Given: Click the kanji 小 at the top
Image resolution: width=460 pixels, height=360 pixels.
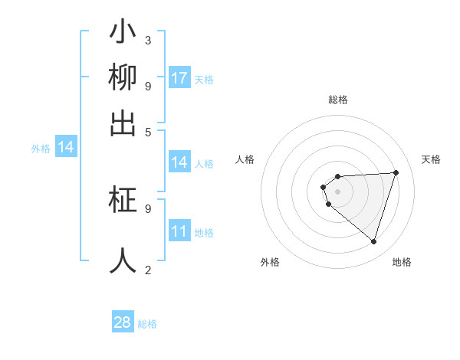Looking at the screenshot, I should [x=123, y=34].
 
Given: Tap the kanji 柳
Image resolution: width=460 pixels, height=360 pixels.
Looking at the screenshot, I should [x=123, y=78].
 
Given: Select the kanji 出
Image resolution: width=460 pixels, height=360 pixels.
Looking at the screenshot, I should [x=123, y=123].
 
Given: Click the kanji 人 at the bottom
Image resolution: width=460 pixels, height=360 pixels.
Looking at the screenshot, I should [x=123, y=260].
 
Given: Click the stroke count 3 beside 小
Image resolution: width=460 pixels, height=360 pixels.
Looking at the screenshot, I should [x=148, y=40].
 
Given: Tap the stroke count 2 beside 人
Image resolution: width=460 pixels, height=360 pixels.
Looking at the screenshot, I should [x=148, y=270].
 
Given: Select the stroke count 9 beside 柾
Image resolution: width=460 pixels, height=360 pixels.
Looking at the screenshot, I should [x=148, y=208].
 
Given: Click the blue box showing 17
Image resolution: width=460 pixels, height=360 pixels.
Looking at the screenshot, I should [x=179, y=78].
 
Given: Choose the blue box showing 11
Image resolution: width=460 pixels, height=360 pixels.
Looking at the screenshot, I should [x=179, y=232].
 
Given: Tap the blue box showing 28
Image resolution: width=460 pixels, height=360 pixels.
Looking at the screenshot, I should [x=123, y=322].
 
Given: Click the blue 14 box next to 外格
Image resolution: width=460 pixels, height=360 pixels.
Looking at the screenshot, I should [x=66, y=148].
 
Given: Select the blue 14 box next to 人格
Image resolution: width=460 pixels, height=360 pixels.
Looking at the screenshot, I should [x=179, y=162].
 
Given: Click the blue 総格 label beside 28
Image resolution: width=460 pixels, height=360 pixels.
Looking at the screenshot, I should [x=147, y=324].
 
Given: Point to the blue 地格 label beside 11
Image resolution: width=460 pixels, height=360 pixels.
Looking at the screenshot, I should [x=204, y=233].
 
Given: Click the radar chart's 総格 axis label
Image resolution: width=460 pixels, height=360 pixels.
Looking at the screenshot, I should [x=337, y=100].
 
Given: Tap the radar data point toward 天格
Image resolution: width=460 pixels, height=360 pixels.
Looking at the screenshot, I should [x=396, y=172].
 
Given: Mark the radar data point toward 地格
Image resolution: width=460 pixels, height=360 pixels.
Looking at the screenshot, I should [x=373, y=241].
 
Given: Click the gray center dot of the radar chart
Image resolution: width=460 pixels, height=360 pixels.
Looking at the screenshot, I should [x=337, y=191].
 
